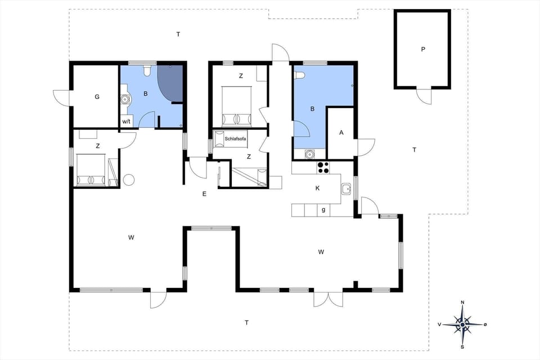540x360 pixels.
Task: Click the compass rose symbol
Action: tap(462, 324)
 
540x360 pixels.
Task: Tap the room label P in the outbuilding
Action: tap(423, 49)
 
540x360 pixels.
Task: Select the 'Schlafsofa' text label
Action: tap(235, 138)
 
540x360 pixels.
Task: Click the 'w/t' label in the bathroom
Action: tap(126, 121)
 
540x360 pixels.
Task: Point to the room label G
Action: tap(97, 97)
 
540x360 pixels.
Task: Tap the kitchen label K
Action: tap(318, 188)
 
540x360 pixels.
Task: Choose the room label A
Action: tap(341, 133)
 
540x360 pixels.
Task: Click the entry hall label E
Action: tap(205, 194)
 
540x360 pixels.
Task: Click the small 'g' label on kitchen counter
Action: tap(323, 210)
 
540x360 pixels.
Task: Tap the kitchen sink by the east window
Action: tap(346, 188)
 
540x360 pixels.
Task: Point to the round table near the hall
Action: tap(129, 180)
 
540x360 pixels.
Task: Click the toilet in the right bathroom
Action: tap(299, 75)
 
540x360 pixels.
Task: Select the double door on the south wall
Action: tap(328, 299)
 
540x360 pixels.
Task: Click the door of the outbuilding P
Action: tap(424, 96)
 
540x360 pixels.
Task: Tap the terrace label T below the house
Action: tap(246, 323)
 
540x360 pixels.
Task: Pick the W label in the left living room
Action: tap(131, 238)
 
